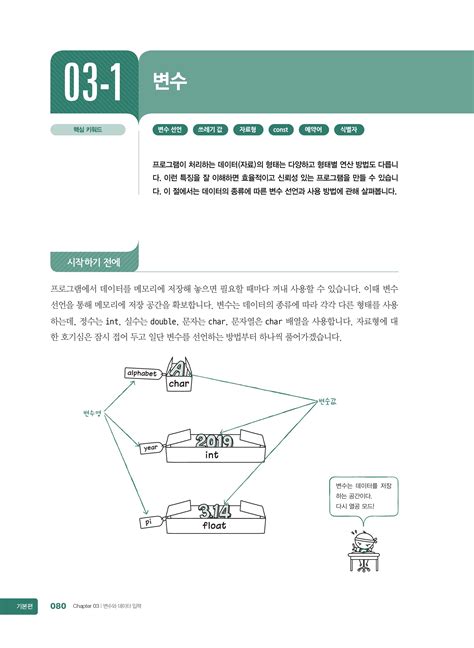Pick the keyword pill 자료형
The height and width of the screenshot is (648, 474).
pyautogui.click(x=247, y=130)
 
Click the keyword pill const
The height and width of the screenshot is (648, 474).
pyautogui.click(x=281, y=130)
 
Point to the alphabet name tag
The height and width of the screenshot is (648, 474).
pyautogui.click(x=142, y=373)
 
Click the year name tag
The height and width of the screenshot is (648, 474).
pyautogui.click(x=151, y=448)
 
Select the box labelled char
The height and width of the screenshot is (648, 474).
pyautogui.click(x=180, y=382)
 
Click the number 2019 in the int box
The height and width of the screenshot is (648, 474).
pyautogui.click(x=213, y=440)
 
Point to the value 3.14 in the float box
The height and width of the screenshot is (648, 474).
pyautogui.click(x=214, y=510)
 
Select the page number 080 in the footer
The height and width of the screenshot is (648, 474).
pyautogui.click(x=58, y=605)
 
